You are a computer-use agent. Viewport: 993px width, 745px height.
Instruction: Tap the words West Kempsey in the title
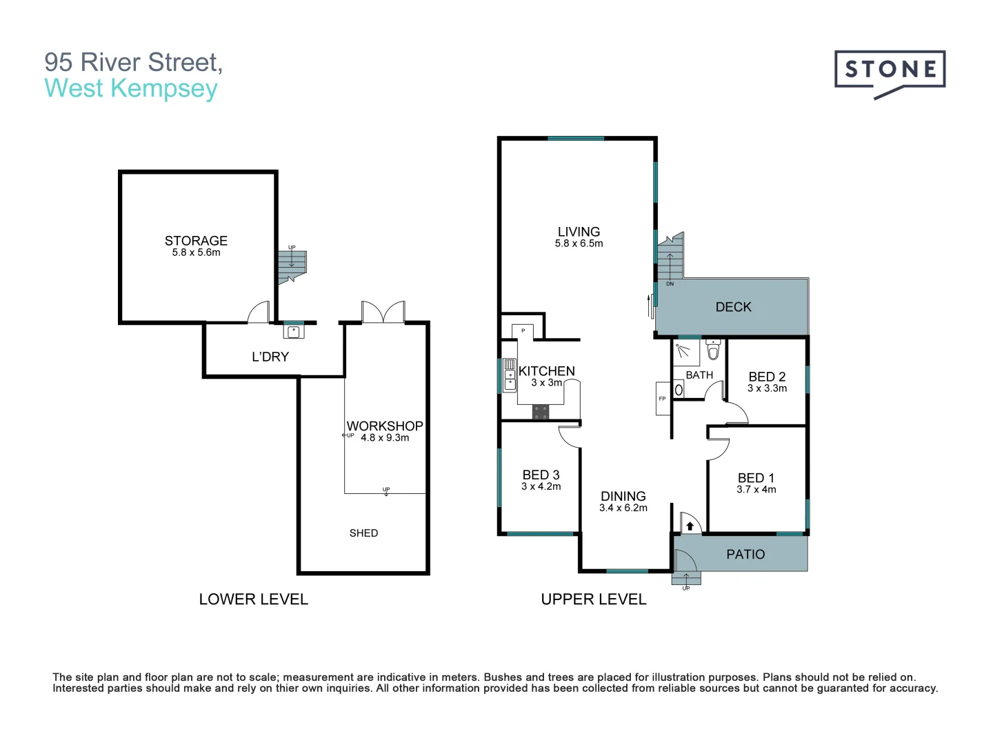(131, 88)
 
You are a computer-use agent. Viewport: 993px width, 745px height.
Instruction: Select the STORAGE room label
(196, 241)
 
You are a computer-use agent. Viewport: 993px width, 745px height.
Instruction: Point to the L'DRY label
(270, 357)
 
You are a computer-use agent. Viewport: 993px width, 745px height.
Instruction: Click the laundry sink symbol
(294, 331)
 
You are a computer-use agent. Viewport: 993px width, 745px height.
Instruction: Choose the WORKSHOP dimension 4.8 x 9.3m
(385, 437)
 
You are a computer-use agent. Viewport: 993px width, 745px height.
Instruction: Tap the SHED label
(363, 533)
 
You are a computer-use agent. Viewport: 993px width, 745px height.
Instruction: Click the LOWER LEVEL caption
(253, 599)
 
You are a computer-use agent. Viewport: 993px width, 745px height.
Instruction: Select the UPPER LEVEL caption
(594, 599)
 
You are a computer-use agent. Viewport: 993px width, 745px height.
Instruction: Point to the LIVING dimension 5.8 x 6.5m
(579, 244)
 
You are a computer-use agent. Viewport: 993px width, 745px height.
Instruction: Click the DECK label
(733, 307)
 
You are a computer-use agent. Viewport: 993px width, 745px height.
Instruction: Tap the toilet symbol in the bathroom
(713, 351)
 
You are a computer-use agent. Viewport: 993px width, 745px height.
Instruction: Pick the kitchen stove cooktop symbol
(541, 413)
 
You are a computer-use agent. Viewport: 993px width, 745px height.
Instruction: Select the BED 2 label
(767, 377)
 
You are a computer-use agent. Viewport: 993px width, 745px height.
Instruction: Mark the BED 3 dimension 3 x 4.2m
(541, 486)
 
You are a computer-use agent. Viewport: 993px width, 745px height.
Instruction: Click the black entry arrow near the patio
(690, 526)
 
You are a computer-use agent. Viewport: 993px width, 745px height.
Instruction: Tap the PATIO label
(745, 554)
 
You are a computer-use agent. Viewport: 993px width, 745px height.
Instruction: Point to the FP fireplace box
(663, 399)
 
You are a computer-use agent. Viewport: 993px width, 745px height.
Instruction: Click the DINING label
(623, 496)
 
